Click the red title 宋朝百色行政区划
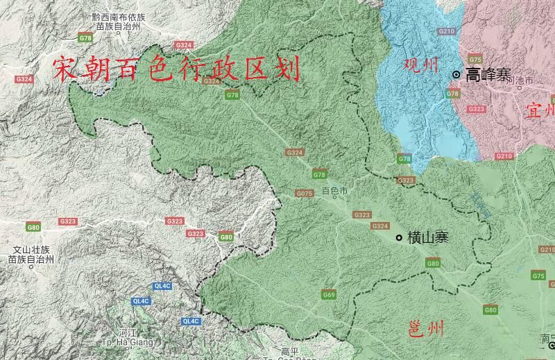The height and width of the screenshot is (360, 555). (x=176, y=70)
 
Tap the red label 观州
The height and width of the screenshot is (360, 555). (x=421, y=66)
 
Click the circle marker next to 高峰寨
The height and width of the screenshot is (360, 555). (x=456, y=74)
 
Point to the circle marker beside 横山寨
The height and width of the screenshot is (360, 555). (x=399, y=238)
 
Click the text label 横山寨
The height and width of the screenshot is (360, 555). (x=428, y=238)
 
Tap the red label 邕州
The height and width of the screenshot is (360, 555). (x=425, y=329)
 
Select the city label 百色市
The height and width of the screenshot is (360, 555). (x=334, y=190)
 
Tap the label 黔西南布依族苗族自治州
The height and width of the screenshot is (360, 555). (x=119, y=21)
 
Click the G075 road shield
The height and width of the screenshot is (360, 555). (x=304, y=194)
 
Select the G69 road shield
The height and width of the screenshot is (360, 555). (x=329, y=295)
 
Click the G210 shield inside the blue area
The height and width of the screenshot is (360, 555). (x=447, y=31)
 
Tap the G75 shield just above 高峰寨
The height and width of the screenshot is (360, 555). (x=475, y=60)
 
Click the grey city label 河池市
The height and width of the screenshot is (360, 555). (x=520, y=81)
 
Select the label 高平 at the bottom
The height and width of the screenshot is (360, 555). (x=289, y=351)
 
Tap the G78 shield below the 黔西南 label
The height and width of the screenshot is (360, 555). (x=85, y=37)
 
